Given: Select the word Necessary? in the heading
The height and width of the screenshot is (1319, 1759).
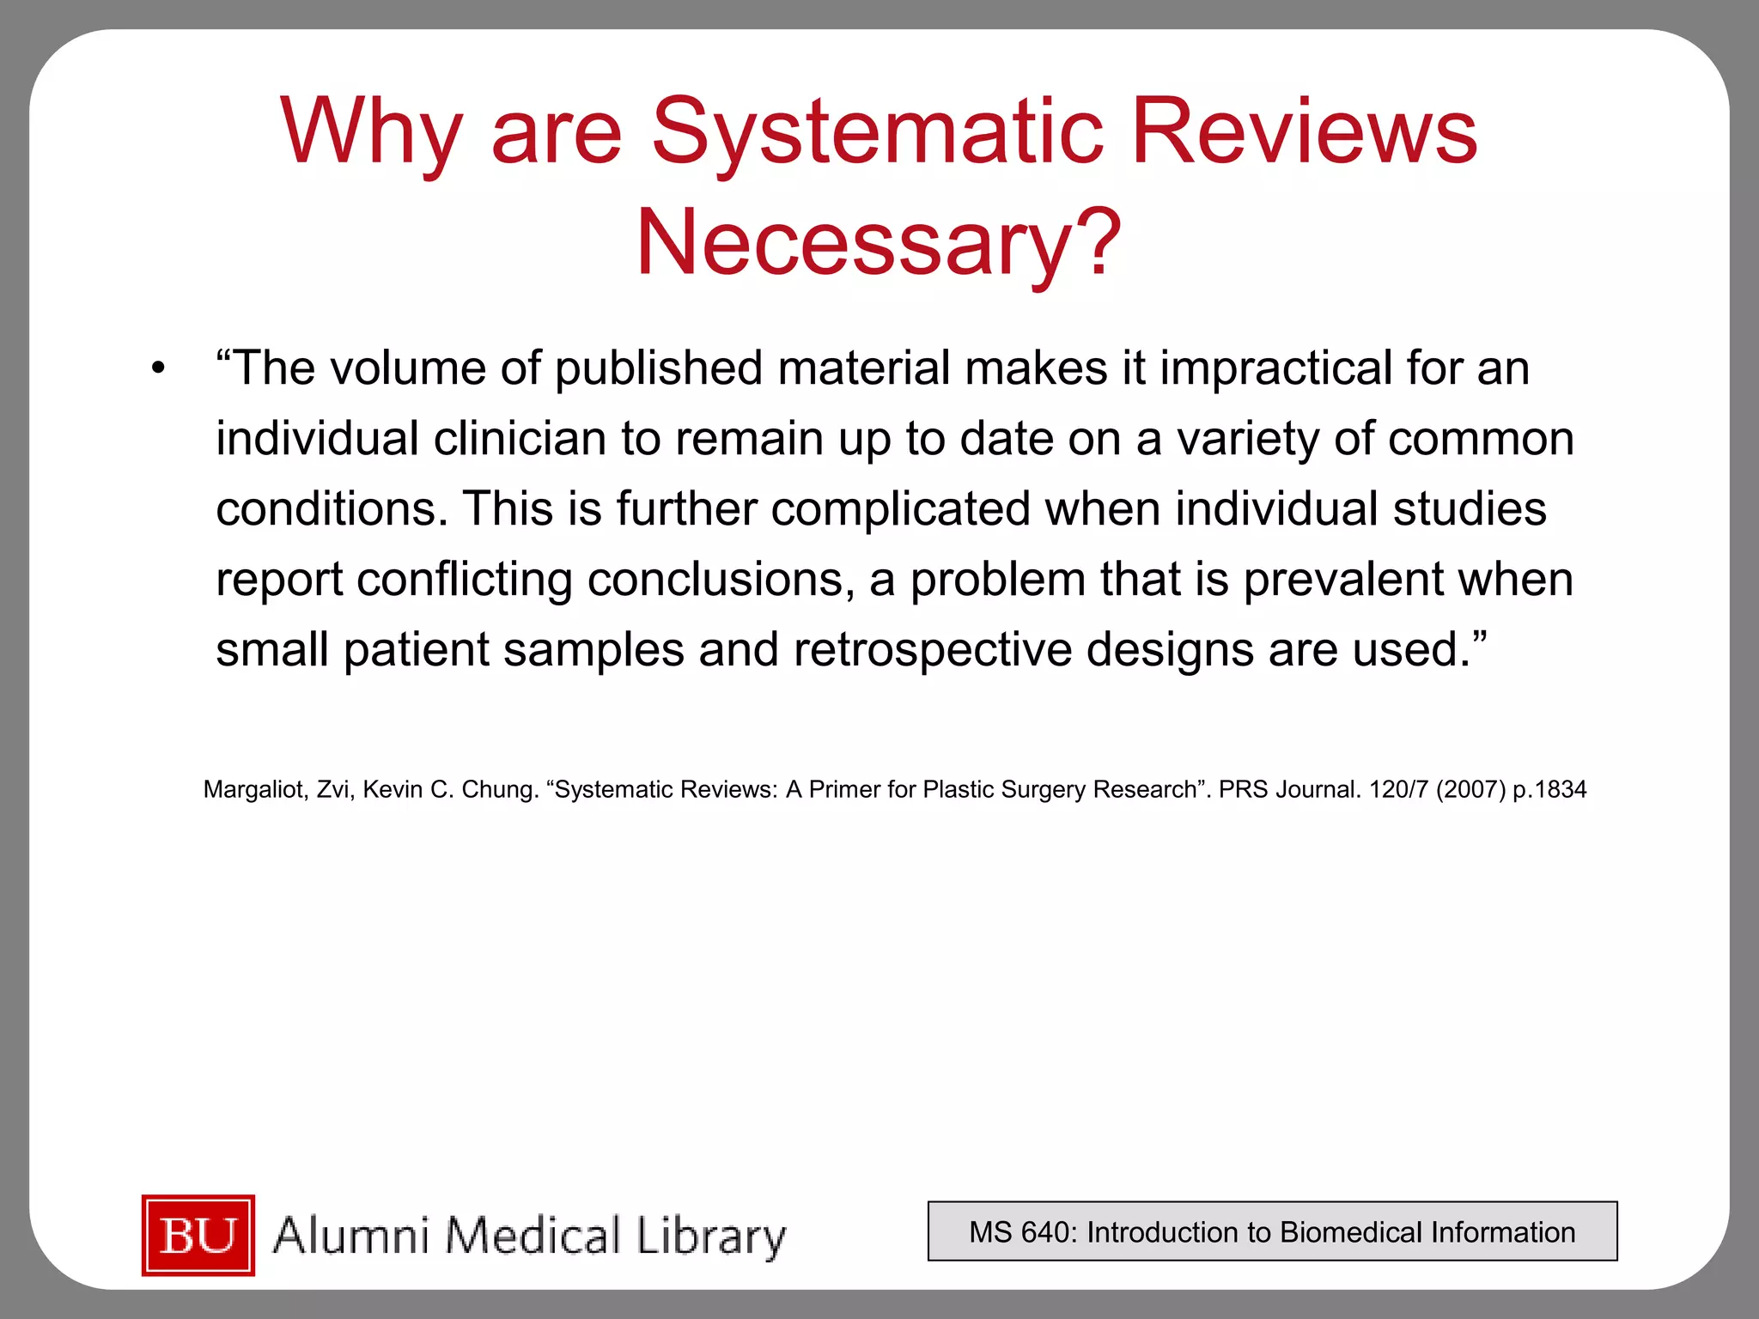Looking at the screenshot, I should (x=878, y=244).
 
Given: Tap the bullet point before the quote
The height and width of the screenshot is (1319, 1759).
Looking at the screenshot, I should (x=157, y=369).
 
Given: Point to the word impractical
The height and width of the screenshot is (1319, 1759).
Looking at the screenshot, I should (x=1275, y=368).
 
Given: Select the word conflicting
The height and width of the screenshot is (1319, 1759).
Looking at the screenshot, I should (x=465, y=580).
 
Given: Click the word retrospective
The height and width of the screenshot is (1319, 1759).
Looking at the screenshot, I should (x=933, y=650).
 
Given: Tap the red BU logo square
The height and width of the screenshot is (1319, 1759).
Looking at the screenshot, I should (x=198, y=1235).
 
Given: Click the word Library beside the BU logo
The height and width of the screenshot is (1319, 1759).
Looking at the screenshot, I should (x=711, y=1237).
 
